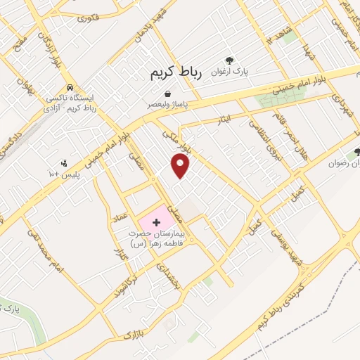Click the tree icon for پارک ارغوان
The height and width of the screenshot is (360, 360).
click(229, 61)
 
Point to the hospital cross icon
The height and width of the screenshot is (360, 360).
click(156, 222)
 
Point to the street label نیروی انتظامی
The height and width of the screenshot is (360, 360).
click(258, 136)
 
